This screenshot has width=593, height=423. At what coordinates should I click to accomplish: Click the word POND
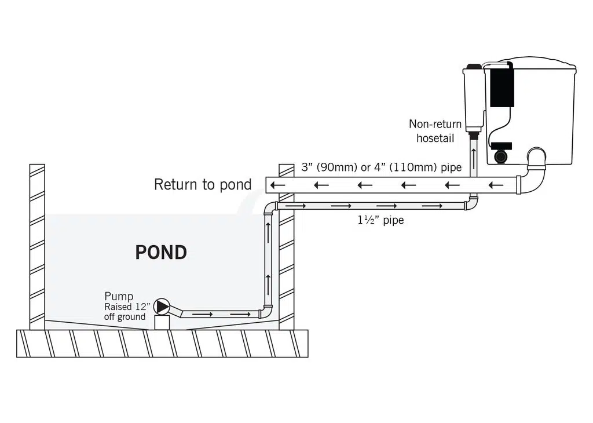(x=161, y=253)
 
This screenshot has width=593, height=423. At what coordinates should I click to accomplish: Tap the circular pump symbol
(x=163, y=305)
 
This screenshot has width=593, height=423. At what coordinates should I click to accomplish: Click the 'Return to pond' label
(x=203, y=185)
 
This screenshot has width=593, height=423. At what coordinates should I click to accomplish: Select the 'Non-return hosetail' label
(x=435, y=131)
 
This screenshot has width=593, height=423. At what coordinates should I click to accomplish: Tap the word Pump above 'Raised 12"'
(x=119, y=297)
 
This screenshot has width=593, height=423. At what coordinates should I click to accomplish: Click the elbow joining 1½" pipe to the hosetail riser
(x=471, y=204)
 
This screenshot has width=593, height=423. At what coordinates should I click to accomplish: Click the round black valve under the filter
(x=501, y=156)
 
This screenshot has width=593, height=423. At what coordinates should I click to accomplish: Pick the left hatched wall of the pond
(x=37, y=247)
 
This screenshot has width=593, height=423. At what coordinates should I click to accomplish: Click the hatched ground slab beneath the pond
(x=162, y=343)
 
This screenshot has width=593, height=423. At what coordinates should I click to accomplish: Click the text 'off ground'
(x=125, y=317)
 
